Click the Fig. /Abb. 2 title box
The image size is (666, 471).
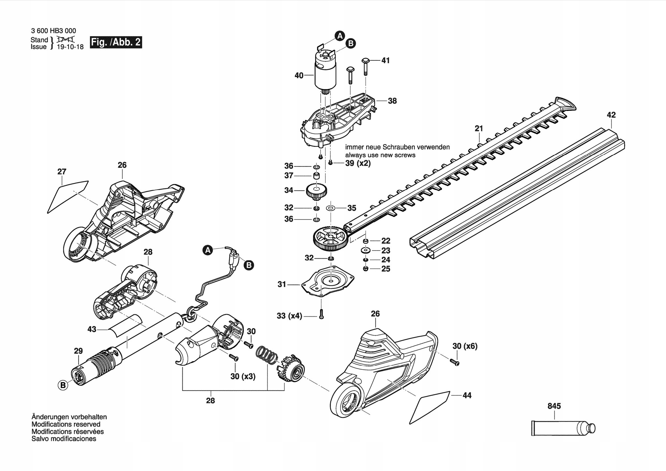point(116,42)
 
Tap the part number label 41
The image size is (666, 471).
point(385,60)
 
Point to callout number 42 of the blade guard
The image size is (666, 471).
point(611,115)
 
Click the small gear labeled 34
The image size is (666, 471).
point(316,191)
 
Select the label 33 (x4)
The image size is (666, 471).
point(289,316)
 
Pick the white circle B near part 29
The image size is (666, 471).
point(63,385)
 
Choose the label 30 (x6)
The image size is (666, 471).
point(465,346)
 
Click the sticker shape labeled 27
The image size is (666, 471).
point(67,196)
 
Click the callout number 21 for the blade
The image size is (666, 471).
point(479,128)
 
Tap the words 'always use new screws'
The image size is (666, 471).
point(380,155)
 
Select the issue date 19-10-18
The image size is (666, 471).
point(70,47)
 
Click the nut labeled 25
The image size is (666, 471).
point(366,269)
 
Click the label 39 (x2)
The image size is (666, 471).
point(358,163)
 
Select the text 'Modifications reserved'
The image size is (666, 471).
point(66,424)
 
